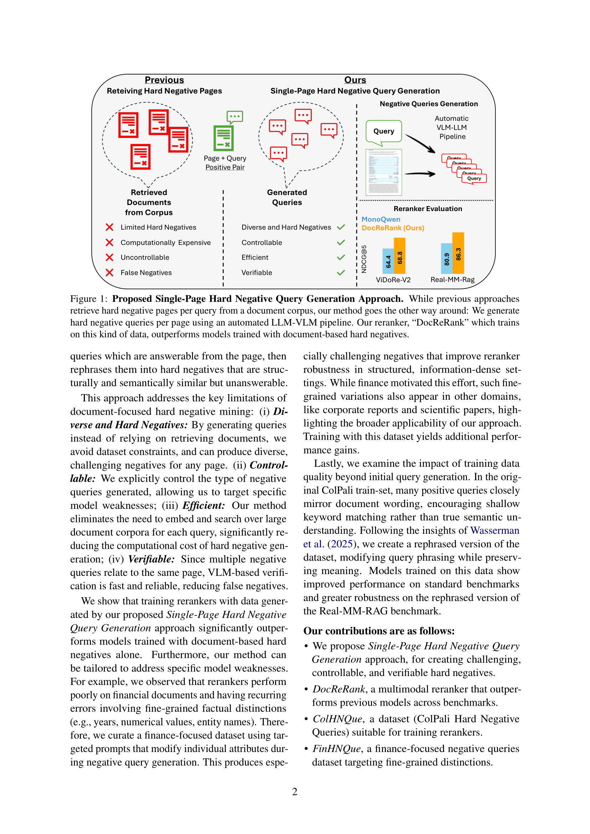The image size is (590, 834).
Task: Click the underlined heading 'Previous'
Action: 164,80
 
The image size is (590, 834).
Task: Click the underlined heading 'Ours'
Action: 355,80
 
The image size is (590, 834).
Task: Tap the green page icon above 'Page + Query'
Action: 223,138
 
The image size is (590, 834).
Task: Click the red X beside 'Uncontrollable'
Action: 110,257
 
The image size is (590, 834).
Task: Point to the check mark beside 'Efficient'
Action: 341,257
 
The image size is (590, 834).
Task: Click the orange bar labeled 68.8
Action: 400,256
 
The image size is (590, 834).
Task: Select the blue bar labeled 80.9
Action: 447,259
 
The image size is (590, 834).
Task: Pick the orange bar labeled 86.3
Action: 458,253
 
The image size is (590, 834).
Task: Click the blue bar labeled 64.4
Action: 388,261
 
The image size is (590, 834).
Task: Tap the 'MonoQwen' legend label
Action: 381,219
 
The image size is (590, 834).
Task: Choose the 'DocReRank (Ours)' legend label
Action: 393,228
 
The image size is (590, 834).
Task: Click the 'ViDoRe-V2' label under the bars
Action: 393,280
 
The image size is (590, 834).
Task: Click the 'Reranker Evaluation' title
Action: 428,209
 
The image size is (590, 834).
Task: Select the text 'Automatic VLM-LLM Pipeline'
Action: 452,128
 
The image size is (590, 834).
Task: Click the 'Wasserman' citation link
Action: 494,531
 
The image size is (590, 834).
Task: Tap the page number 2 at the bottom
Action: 295,792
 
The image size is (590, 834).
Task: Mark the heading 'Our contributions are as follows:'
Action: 379,631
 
